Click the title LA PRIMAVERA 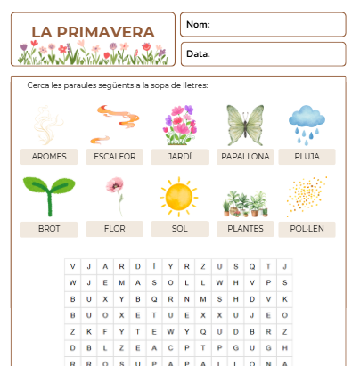coord(93,32)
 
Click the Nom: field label coord(198,24)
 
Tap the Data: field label coord(198,53)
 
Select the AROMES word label coord(49,156)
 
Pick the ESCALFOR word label coord(115,156)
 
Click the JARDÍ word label coord(180,156)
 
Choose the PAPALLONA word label coord(245,156)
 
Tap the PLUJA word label coord(307,156)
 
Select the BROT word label coord(49,229)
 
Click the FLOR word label coord(115,229)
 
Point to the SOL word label coord(180,229)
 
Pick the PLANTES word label coord(245,229)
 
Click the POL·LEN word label coord(307,229)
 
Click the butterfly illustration coord(245,125)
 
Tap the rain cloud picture coord(307,123)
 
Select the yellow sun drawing coord(179,196)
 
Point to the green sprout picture coord(49,196)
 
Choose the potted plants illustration coord(245,202)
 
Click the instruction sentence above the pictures coord(118,85)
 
